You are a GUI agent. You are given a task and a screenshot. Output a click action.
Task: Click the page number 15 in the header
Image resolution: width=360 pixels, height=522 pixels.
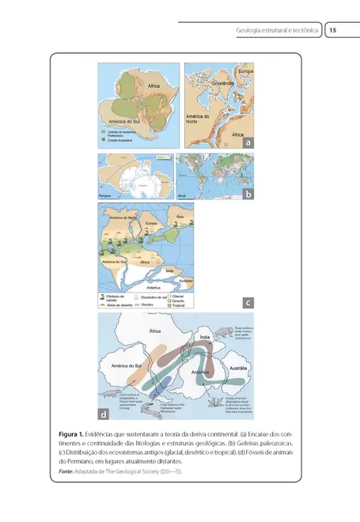[x=333, y=31]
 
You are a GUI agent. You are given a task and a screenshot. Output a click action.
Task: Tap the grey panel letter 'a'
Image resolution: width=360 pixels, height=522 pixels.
[x=247, y=143]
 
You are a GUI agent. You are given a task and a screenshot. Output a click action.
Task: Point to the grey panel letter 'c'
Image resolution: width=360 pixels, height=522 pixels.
[x=247, y=301]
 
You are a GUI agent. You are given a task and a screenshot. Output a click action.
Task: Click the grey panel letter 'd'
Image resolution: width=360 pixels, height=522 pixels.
[x=104, y=413]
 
